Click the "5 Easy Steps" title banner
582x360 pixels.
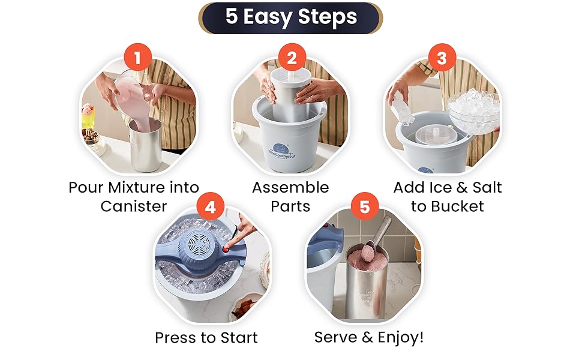[x=290, y=18]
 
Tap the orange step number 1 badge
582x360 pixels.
[x=138, y=58]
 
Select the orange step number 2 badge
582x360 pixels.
[x=292, y=58]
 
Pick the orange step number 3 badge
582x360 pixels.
[x=442, y=58]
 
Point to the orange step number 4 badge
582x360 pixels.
[x=210, y=206]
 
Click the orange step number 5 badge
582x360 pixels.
[x=364, y=206]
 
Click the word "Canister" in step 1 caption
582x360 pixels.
[x=134, y=206]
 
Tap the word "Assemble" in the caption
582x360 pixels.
[x=290, y=187]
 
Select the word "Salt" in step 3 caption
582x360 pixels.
[x=487, y=187]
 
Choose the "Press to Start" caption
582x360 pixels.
[x=206, y=338]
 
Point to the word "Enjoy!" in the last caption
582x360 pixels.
[x=400, y=337]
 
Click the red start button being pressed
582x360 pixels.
[x=226, y=249]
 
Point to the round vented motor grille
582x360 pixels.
[x=199, y=243]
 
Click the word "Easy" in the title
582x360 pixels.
[x=267, y=17]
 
